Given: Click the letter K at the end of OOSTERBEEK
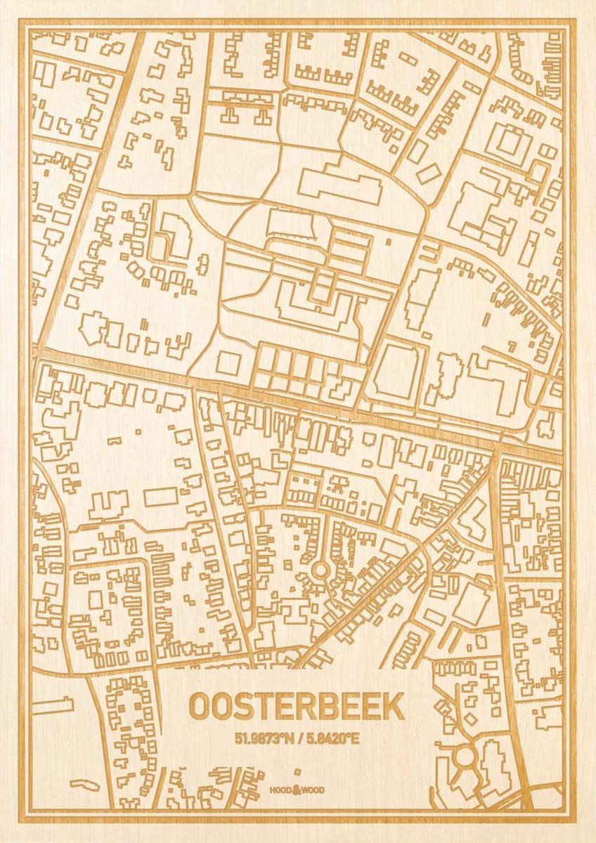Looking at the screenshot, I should pos(395,707).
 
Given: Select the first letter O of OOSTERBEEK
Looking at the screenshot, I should pos(199,707).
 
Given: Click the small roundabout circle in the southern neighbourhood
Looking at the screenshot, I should pos(320,570).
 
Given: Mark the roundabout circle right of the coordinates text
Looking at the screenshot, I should pos(465,757).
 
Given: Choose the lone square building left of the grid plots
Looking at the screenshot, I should pos(228,362).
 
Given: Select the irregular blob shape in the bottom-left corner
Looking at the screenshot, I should pos(82,782).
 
